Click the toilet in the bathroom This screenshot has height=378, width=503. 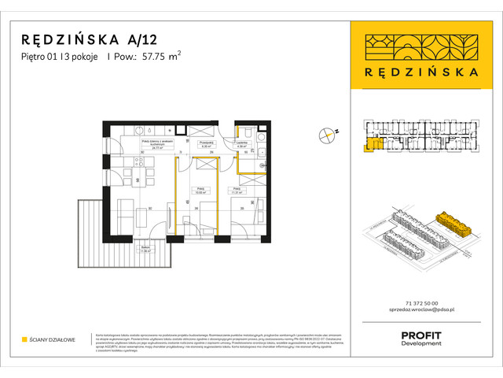point(246,131)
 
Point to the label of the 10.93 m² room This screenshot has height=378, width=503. point(201,191)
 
